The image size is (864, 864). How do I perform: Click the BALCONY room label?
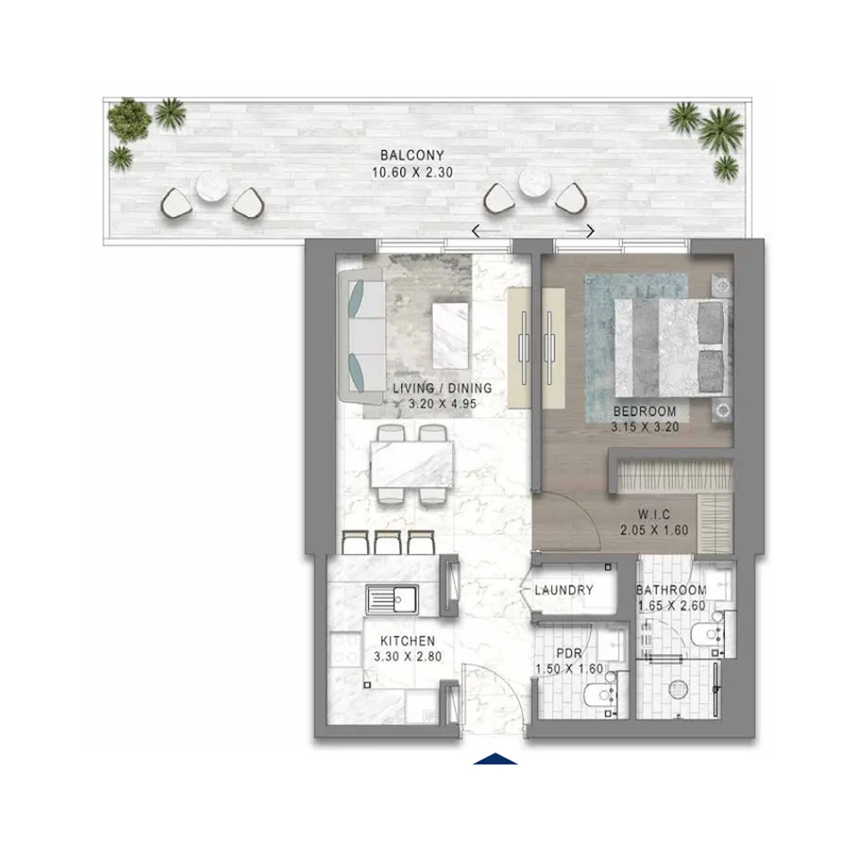pos(411,156)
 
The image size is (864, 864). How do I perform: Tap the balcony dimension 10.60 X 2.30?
pos(411,173)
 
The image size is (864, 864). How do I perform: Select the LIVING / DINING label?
pos(442,388)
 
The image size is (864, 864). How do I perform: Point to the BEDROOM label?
pos(645,411)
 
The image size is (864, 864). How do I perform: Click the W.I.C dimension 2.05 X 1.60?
pos(654,530)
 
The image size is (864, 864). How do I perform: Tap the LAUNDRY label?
pos(563,590)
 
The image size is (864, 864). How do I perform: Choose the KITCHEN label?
pos(408,641)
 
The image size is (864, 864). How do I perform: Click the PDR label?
pos(569,653)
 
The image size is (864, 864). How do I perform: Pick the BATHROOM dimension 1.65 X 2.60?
pos(671,606)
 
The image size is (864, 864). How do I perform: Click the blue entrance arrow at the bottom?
pos(495,759)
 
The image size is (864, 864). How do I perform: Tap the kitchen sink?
pos(391,600)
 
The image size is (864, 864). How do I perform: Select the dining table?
pos(412,464)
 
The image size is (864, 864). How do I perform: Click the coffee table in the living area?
pos(451,335)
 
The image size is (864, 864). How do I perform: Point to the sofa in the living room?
pos(361,336)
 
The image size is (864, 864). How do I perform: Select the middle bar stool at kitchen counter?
pos(387,543)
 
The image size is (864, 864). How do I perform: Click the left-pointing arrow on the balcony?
pos(486,231)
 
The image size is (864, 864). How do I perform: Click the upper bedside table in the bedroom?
pos(722,286)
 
